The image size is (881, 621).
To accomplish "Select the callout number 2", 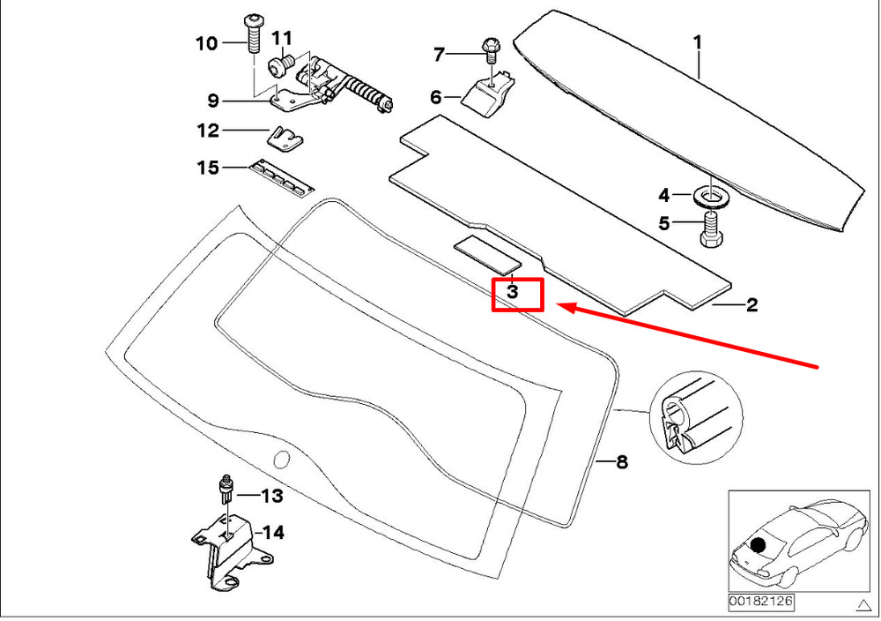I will tap(751, 305).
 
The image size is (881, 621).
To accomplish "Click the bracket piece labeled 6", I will tap(489, 94).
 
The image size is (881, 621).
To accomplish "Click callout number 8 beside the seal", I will tap(621, 462).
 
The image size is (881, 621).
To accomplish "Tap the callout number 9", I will tap(212, 100).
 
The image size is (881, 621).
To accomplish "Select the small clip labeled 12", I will tap(283, 136).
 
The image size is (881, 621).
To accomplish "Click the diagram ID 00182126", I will tap(760, 602).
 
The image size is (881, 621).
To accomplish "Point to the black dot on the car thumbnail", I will tap(759, 546).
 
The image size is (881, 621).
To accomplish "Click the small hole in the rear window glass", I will tap(281, 459).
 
